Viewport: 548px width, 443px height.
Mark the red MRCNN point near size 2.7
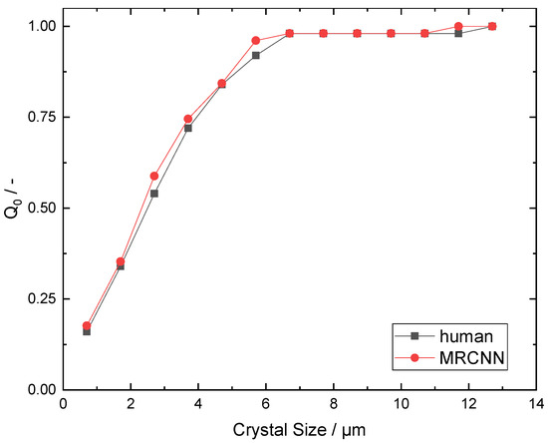[154, 176]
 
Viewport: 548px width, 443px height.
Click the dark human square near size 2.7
[154, 194]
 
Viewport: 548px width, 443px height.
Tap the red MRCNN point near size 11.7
[458, 26]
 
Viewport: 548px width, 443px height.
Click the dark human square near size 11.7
[458, 34]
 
